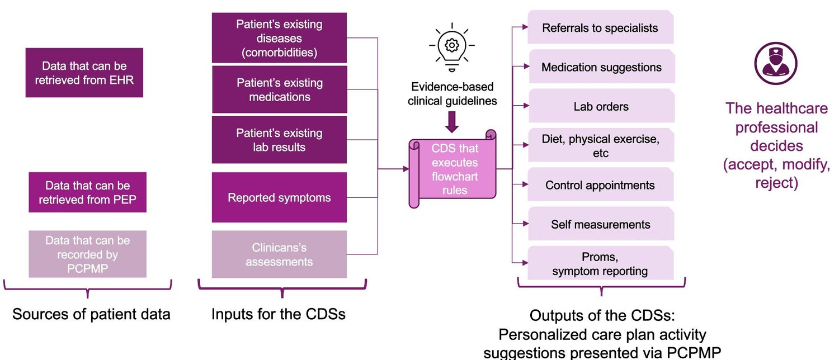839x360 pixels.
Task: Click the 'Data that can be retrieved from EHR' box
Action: coord(84,73)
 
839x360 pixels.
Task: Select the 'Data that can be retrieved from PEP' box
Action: coord(87,192)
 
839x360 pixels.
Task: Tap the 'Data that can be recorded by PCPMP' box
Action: coord(87,254)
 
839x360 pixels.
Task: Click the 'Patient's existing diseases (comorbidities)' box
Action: coord(279,39)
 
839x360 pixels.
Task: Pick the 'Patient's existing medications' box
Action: coord(279,89)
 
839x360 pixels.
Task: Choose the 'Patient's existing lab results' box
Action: coord(279,140)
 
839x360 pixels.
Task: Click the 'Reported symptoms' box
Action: coord(279,197)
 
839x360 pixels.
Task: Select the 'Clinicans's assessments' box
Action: coord(279,254)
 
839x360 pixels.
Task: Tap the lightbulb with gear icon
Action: coord(452,46)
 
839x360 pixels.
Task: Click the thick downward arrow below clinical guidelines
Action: coord(452,121)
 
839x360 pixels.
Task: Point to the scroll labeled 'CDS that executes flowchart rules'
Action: coord(454,169)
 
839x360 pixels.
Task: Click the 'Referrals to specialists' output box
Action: coord(600,27)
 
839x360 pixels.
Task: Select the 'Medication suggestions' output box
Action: coord(601,67)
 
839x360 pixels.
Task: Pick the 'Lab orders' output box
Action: coord(601,106)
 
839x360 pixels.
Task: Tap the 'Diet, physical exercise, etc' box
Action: coord(601,145)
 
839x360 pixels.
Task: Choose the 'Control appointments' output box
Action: coord(600,185)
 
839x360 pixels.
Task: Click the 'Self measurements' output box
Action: coord(601,224)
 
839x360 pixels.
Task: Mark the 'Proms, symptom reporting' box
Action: coord(600,263)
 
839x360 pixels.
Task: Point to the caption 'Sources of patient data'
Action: coord(91,314)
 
